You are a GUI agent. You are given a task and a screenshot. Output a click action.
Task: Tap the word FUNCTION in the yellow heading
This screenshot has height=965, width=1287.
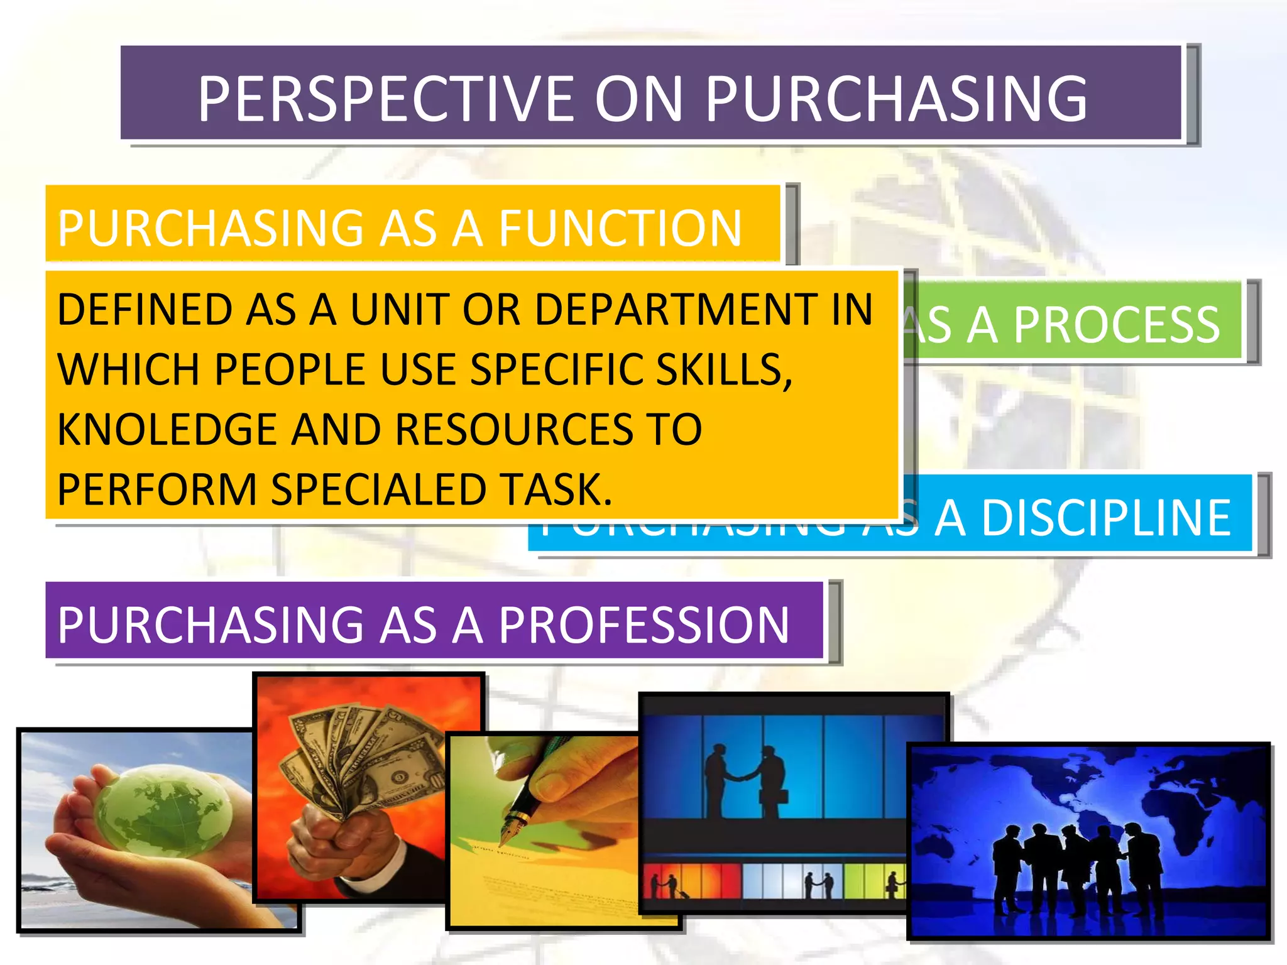[x=620, y=228]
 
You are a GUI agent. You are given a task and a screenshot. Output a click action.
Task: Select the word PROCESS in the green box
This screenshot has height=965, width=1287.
[x=1117, y=325]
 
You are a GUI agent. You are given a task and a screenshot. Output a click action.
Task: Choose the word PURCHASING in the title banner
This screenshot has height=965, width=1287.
[x=895, y=99]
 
